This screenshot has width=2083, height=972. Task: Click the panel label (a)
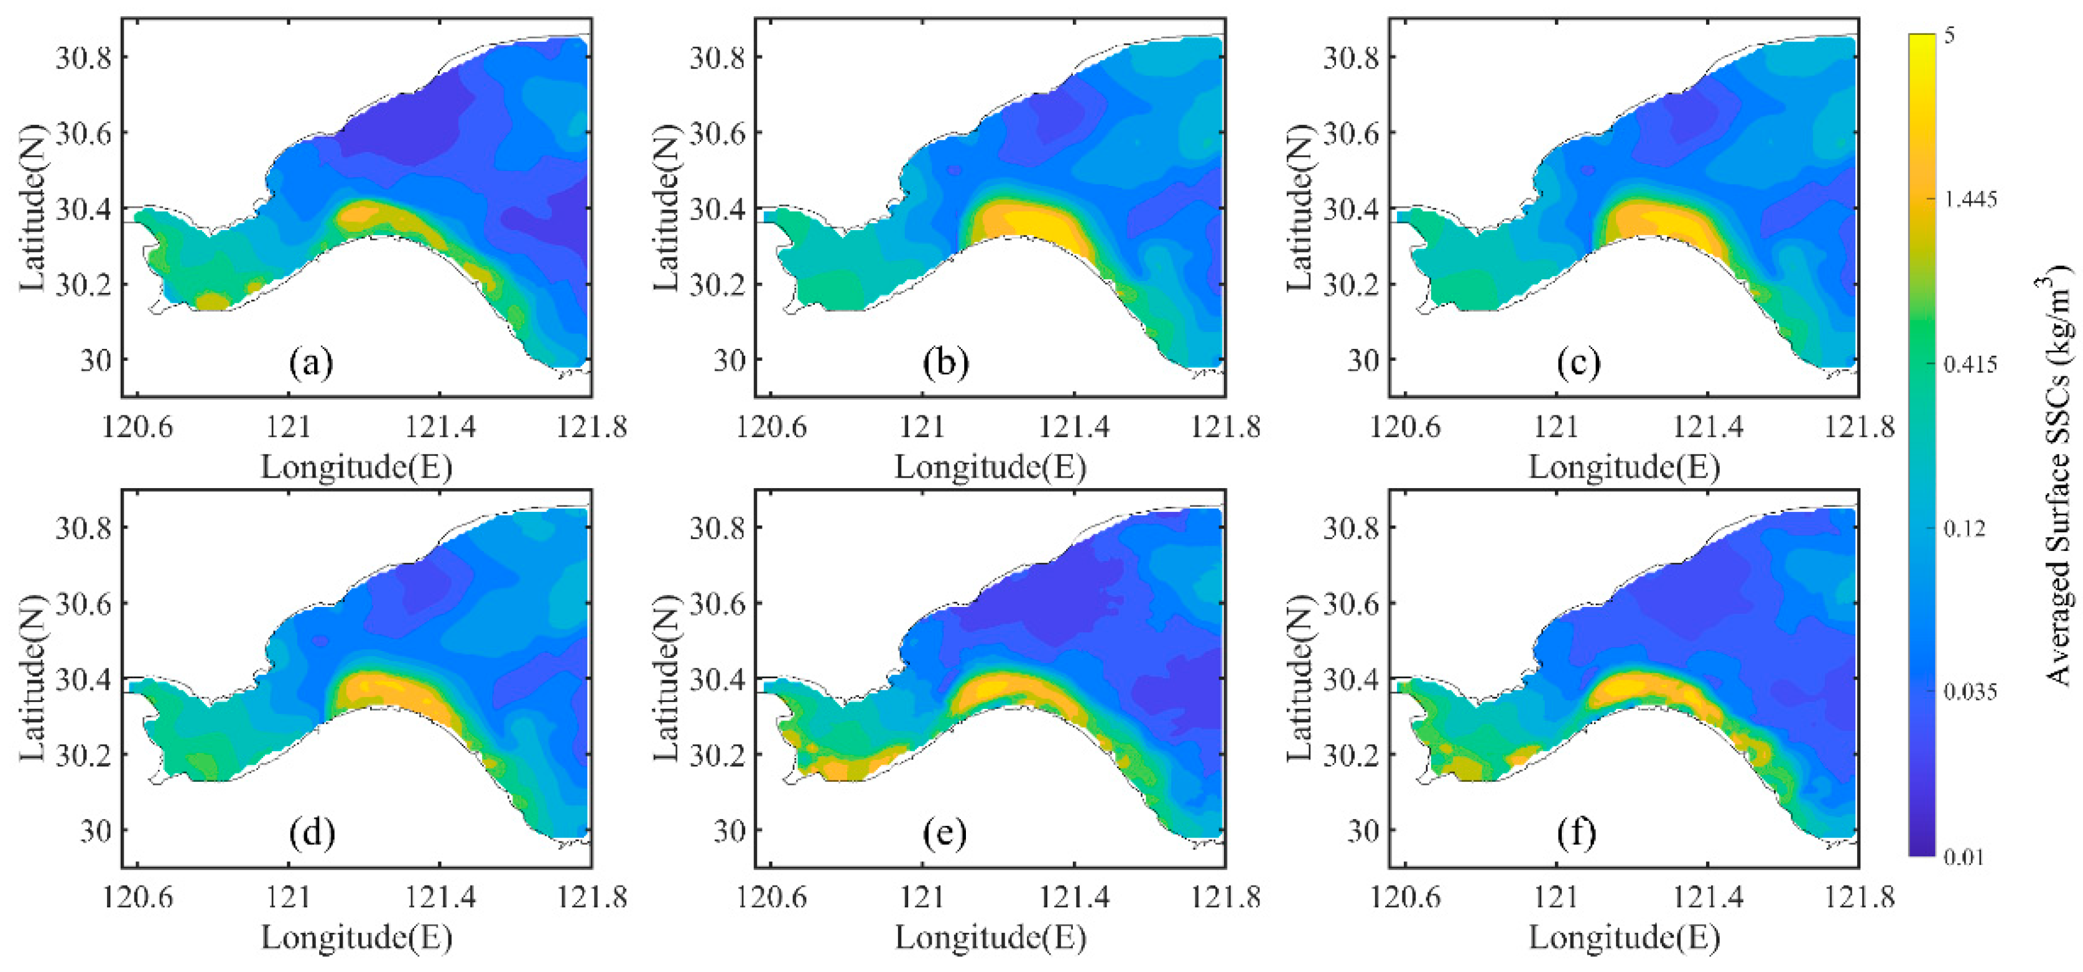pos(312,363)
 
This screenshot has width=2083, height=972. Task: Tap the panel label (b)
pos(945,363)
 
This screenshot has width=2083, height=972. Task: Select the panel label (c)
pos(1579,363)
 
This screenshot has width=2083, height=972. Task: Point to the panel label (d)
pos(312,833)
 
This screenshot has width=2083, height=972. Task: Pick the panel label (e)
pos(945,833)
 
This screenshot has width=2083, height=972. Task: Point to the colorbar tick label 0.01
pos(1964,856)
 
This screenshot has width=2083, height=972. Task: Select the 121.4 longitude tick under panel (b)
pos(1074,426)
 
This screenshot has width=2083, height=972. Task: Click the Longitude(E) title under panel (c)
pos(1624,466)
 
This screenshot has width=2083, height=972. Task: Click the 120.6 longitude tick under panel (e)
pos(771,897)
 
